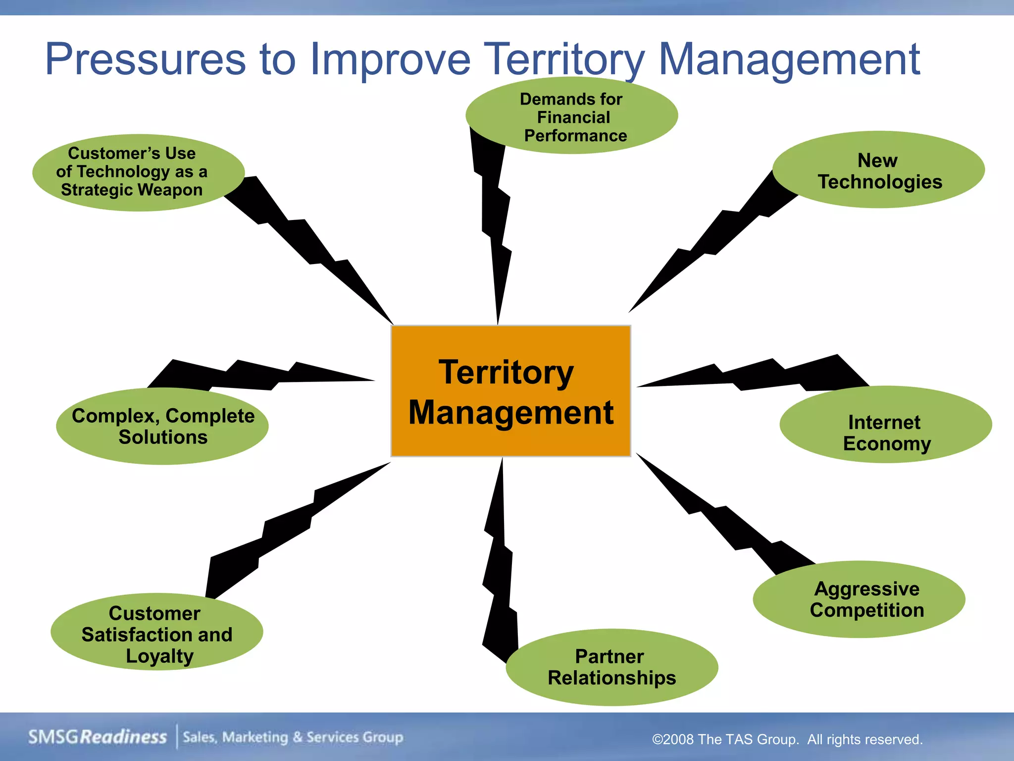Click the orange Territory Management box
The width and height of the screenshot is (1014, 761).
pos(510,391)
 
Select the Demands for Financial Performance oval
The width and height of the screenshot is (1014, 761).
pos(571,116)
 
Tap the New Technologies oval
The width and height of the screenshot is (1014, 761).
pos(878,170)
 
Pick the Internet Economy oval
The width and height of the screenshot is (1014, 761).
pos(885,425)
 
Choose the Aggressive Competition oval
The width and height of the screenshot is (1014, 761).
pos(859,599)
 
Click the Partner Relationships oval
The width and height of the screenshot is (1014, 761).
pos(611,667)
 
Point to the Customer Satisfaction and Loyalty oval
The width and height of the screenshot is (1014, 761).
pos(156,632)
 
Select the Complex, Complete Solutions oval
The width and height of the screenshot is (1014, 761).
pos(162,426)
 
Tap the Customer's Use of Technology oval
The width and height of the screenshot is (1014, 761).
pos(138,172)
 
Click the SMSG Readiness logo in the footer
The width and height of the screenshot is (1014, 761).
pos(98,737)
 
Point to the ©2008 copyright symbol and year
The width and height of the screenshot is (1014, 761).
pos(673,740)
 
